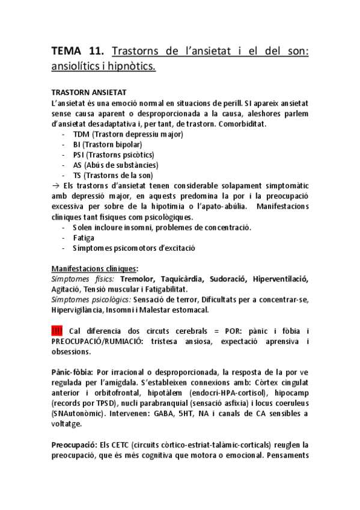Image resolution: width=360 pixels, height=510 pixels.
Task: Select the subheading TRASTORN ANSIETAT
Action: click(x=89, y=93)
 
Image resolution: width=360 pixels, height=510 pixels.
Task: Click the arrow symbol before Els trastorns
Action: click(x=56, y=186)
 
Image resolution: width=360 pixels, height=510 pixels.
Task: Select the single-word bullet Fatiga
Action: click(x=85, y=238)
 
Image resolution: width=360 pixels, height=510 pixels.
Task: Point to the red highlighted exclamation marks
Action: click(x=57, y=331)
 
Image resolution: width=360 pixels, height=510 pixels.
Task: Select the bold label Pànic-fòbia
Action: click(x=72, y=372)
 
